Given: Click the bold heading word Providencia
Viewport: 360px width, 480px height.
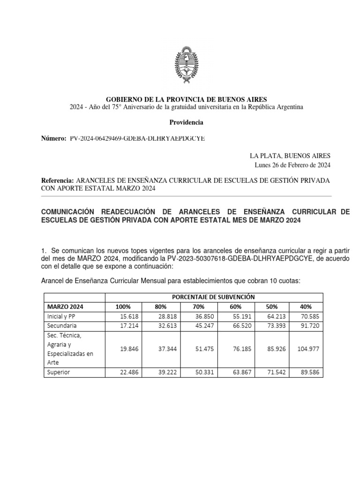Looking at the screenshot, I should (x=186, y=122).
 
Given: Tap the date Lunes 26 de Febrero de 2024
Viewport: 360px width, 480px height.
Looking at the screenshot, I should (x=293, y=165).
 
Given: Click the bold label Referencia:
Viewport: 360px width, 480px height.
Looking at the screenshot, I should (x=58, y=180).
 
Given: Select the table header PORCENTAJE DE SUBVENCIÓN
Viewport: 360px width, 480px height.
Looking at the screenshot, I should (x=213, y=297).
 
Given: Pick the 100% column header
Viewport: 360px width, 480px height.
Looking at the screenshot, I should (x=123, y=307).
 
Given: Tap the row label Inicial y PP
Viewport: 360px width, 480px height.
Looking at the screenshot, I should (x=61, y=316).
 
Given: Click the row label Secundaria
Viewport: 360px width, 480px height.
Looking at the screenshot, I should (x=62, y=325).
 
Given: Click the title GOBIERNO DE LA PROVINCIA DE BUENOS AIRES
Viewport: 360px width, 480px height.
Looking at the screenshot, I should (x=186, y=99).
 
